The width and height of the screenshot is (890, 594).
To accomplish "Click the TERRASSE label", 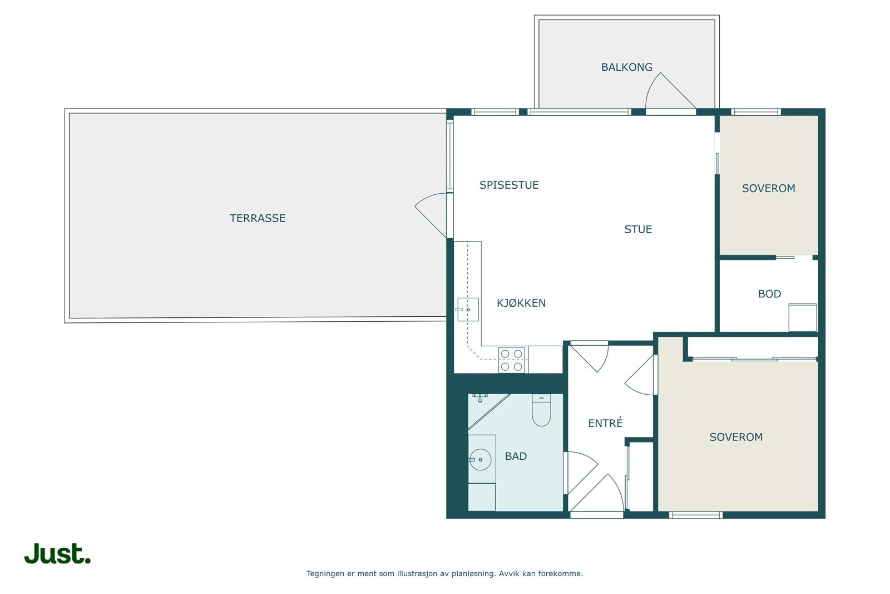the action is [x=258, y=218].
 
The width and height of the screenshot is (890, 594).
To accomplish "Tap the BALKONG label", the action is [x=626, y=67].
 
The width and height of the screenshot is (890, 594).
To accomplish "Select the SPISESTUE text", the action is [x=509, y=185].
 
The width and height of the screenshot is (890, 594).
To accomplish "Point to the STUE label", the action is [x=638, y=229].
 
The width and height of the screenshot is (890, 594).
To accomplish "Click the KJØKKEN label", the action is [x=521, y=303].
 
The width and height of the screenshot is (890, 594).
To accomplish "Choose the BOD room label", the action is [x=770, y=294].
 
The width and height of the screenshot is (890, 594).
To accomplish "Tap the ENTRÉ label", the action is [x=606, y=423].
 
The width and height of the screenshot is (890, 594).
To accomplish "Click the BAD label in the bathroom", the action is [x=516, y=456].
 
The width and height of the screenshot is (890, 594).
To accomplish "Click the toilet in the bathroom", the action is [x=541, y=410].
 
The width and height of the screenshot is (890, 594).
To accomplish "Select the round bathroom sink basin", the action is [x=481, y=460].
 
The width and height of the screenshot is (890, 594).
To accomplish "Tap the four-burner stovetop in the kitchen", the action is [x=512, y=360].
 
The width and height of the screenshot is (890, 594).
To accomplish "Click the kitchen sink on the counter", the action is [x=468, y=310].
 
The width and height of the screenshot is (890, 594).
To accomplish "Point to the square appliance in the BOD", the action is [x=803, y=317].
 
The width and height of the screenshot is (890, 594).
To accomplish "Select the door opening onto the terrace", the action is [x=431, y=215].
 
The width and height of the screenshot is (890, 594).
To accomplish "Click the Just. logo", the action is [x=57, y=553].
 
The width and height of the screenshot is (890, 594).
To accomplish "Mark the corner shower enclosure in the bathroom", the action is [x=489, y=411].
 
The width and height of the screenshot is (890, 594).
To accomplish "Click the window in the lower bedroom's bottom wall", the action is [x=696, y=516].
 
